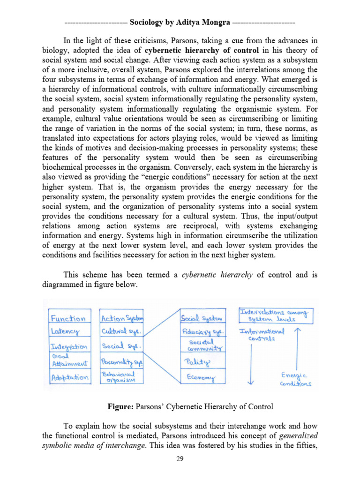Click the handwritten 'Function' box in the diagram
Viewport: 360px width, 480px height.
pos(68,318)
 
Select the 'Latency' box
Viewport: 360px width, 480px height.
pos(68,331)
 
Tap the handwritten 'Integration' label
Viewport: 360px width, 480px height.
pos(68,347)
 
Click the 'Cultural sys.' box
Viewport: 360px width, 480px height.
pos(121,331)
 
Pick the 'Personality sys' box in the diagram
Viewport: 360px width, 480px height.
pos(121,362)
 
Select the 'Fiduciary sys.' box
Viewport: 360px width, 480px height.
pos(203,332)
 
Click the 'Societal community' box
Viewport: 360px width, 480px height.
pos(203,346)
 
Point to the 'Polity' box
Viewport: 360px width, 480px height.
pos(203,362)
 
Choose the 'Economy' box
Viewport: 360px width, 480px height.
pos(203,377)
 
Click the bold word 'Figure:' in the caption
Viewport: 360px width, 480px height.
pos(120,406)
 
